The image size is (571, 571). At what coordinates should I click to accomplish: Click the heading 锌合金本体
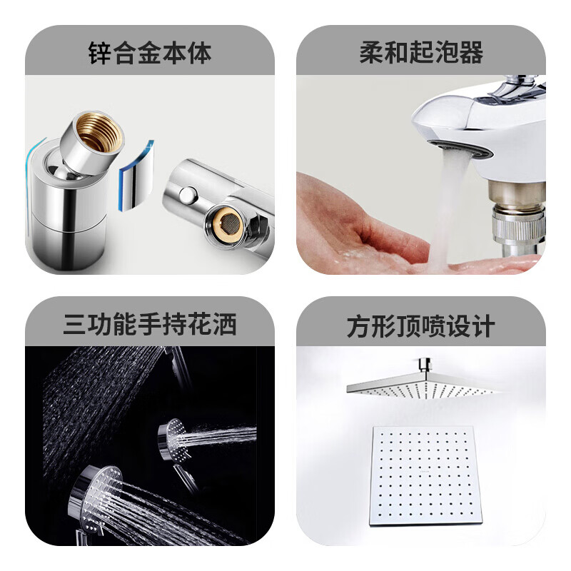(x=150, y=53)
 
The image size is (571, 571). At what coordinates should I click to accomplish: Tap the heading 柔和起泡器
(x=421, y=53)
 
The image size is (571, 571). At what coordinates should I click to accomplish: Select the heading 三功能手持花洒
(x=150, y=324)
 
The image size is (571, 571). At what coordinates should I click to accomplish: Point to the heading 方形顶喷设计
(x=421, y=325)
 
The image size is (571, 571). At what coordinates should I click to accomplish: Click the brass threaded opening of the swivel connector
(x=98, y=132)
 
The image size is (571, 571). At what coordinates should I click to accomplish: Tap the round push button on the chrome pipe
(x=188, y=195)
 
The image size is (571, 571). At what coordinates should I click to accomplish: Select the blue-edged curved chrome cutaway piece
(x=136, y=175)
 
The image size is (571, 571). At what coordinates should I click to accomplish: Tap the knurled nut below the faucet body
(x=520, y=225)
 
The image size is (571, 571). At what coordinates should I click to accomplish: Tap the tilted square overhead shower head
(x=423, y=388)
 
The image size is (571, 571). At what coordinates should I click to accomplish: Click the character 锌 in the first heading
(x=100, y=53)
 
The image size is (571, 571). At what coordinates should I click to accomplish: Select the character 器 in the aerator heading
(x=472, y=53)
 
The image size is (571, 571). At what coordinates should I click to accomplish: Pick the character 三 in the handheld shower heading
(x=75, y=324)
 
